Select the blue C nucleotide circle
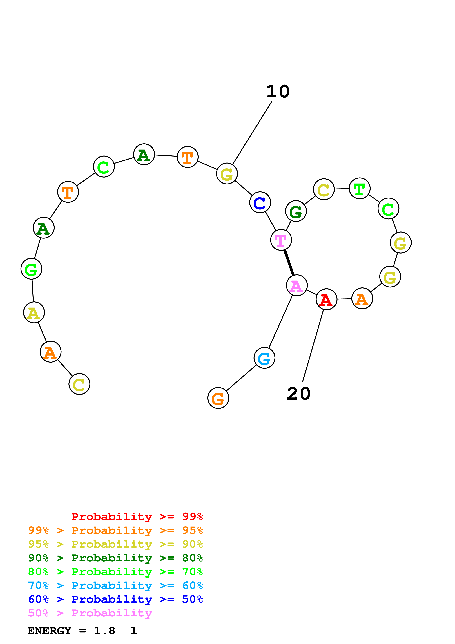(260, 202)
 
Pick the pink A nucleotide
(297, 285)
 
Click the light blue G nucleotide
(264, 358)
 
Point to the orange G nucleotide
(218, 398)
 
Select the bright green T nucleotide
(359, 189)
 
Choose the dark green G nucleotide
(296, 211)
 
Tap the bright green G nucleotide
(31, 269)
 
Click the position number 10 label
(278, 92)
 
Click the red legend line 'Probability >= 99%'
(137, 517)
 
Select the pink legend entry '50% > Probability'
(90, 613)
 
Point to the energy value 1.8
(104, 631)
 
